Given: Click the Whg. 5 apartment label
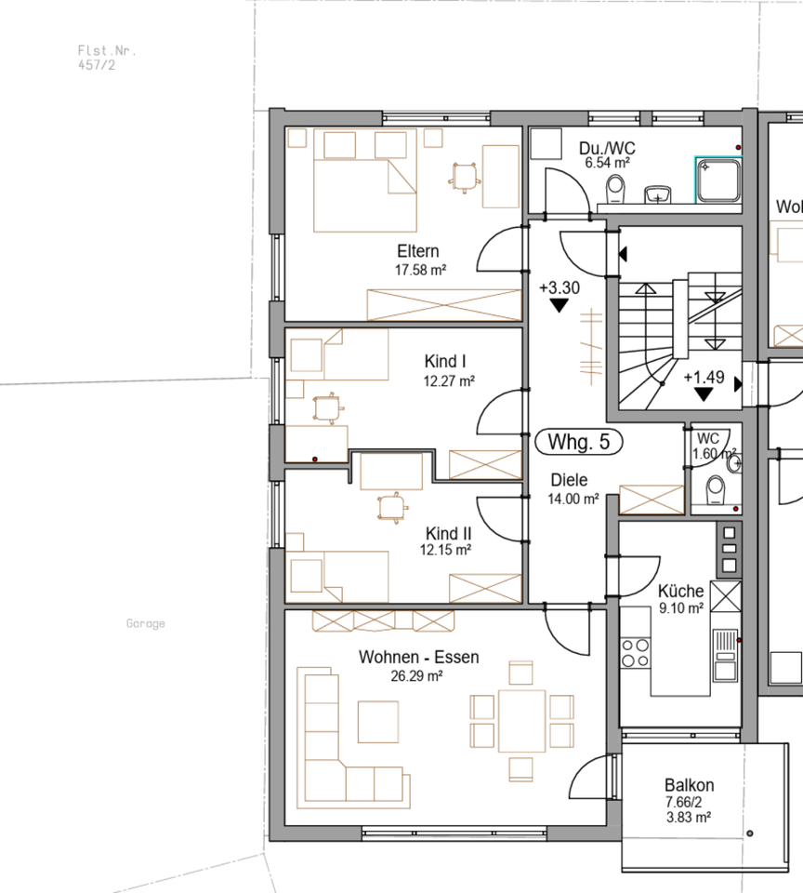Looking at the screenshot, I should coord(579,443).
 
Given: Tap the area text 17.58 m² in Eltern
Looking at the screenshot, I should coord(417,270).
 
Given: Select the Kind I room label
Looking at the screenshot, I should coord(444,362).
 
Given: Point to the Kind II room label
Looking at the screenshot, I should coord(448,533).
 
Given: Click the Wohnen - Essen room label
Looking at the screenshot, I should coord(418,658).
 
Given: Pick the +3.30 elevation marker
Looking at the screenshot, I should coord(559,288).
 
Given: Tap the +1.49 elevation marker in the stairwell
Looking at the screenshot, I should coord(704,378).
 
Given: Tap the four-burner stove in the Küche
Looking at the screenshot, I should coord(636,652).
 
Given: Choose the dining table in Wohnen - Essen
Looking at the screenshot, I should coord(521,721).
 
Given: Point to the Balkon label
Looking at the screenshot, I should coord(689,785).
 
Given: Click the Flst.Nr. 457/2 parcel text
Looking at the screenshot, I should coord(100,59).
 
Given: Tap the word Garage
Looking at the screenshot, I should coord(146,623).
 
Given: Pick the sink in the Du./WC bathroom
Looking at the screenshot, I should coord(660,193).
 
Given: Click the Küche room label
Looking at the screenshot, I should coord(680,592).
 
